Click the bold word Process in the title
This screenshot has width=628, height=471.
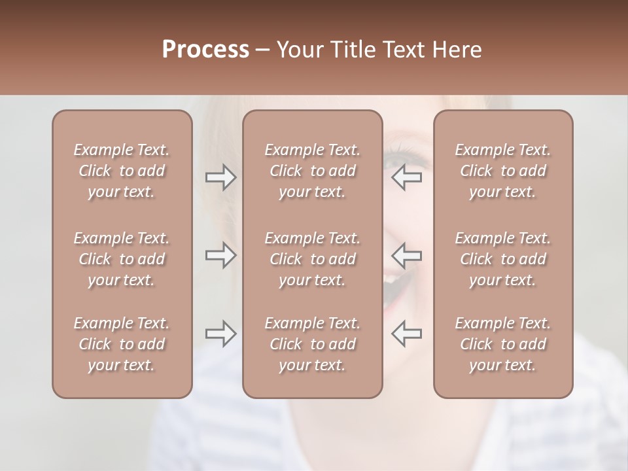(205, 50)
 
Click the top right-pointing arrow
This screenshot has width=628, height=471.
(220, 177)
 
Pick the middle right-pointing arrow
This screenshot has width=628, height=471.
(220, 254)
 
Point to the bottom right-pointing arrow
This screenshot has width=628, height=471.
(220, 333)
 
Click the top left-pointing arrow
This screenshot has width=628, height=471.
(407, 177)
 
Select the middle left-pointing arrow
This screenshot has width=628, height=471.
(407, 254)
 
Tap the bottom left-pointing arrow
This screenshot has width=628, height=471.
(407, 333)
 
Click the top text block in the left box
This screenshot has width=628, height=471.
(122, 171)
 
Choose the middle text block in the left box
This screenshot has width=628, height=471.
(122, 259)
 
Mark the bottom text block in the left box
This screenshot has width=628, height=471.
(122, 344)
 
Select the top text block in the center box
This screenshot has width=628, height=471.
(312, 171)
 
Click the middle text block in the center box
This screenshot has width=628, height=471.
(312, 259)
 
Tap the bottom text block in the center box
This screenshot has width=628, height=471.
(312, 344)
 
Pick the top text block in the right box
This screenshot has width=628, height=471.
(502, 171)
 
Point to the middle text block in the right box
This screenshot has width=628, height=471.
(502, 259)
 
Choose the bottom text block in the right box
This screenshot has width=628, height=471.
(502, 344)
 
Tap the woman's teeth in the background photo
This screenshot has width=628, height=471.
(391, 277)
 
